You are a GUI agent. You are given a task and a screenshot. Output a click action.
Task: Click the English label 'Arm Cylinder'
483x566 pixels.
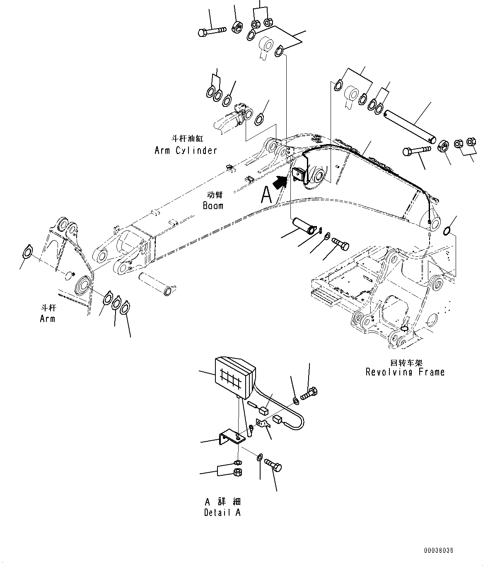(186, 150)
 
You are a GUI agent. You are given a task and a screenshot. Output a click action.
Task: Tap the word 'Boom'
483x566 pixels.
(213, 205)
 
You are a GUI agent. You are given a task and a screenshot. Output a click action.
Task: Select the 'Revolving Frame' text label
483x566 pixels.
(405, 372)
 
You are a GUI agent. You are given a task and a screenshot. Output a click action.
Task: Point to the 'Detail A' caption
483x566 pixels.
(222, 513)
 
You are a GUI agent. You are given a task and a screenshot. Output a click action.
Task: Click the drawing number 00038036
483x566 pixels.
(439, 551)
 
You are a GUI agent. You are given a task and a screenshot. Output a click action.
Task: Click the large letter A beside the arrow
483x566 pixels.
(267, 195)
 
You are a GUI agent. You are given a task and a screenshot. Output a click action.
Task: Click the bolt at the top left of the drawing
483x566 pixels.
(212, 31)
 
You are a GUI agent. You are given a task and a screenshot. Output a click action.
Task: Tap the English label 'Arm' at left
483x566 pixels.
(47, 319)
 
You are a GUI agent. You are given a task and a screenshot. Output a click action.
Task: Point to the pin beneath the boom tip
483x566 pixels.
(157, 284)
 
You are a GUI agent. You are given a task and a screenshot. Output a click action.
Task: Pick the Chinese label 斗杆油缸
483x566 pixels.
(188, 139)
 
